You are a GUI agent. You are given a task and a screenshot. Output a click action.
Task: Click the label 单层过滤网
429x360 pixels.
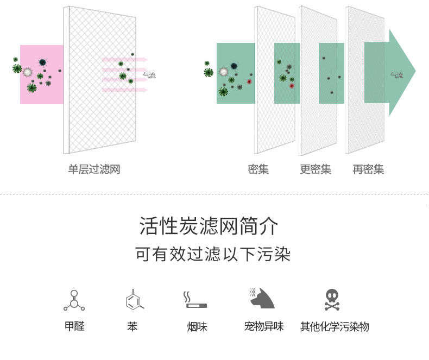tap(93, 169)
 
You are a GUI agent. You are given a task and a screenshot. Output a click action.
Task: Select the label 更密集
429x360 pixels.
tap(316, 169)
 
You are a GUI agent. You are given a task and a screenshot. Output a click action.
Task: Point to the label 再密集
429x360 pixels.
tap(368, 169)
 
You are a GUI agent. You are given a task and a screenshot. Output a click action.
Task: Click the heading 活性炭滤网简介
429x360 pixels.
tap(209, 226)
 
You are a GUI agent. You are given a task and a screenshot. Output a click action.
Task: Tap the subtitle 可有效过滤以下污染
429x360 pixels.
tap(213, 254)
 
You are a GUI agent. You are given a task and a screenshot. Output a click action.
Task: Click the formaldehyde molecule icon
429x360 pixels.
tap(74, 300)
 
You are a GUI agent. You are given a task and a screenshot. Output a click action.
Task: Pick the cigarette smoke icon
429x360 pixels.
tap(194, 300)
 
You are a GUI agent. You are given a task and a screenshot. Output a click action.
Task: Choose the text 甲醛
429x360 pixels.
tap(74, 326)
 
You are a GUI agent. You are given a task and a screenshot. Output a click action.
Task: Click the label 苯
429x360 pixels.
tap(133, 326)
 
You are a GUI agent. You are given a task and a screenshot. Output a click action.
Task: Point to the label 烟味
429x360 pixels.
tap(197, 326)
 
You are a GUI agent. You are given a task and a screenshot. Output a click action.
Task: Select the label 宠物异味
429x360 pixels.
tap(264, 326)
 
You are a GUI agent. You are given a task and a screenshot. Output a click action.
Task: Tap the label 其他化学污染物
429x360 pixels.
tap(335, 326)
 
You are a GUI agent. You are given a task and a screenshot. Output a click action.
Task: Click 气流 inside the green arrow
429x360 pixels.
tap(396, 75)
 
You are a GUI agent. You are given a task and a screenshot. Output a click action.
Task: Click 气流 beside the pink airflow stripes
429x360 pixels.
tap(149, 75)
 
